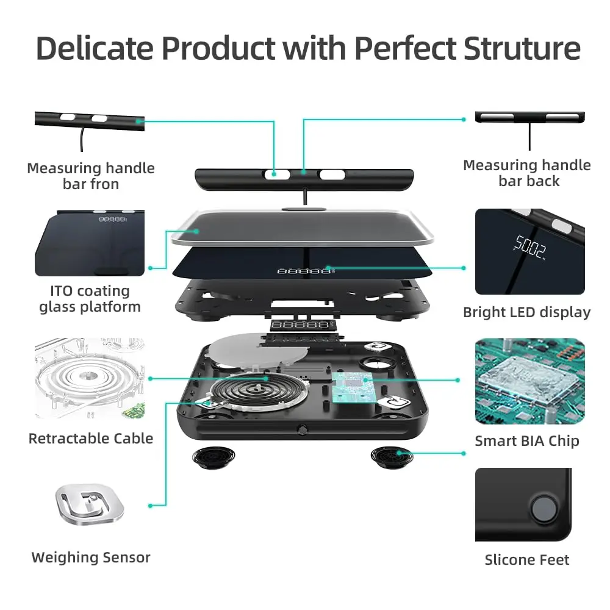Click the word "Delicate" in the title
pos(95,48)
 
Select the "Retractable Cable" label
pos(91,438)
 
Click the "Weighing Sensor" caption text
pos(91,557)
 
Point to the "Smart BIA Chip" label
pos(527,441)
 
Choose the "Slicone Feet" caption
pos(527,560)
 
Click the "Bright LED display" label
pos(527,312)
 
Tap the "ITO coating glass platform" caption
pos(90,299)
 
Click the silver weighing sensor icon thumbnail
pos(90,504)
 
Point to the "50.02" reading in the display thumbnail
pos(529,246)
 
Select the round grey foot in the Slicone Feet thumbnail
pos(541,508)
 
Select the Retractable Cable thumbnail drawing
pos(90,378)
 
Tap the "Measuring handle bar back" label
pos(527,173)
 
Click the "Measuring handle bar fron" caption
pos(91,176)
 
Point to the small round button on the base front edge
pos(301,430)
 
